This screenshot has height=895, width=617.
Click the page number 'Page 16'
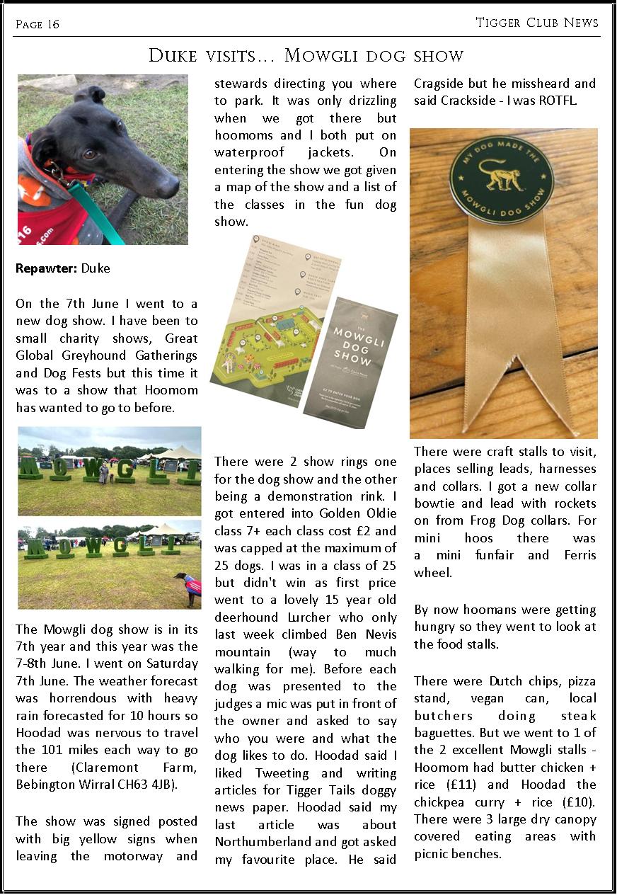38,25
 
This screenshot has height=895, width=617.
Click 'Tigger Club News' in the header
537,23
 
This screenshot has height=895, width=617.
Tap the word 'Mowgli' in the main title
324,56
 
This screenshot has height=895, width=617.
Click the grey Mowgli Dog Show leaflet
350,358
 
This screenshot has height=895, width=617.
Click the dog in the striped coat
190,587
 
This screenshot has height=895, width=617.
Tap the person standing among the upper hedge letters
104,473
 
